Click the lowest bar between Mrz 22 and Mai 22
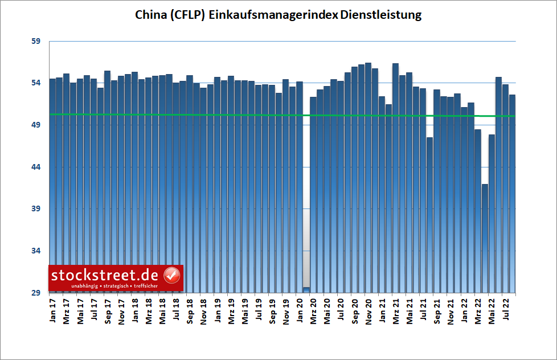coord(485,239)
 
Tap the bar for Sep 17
coord(108,171)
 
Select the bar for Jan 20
coord(300,171)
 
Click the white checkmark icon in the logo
coord(171,275)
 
